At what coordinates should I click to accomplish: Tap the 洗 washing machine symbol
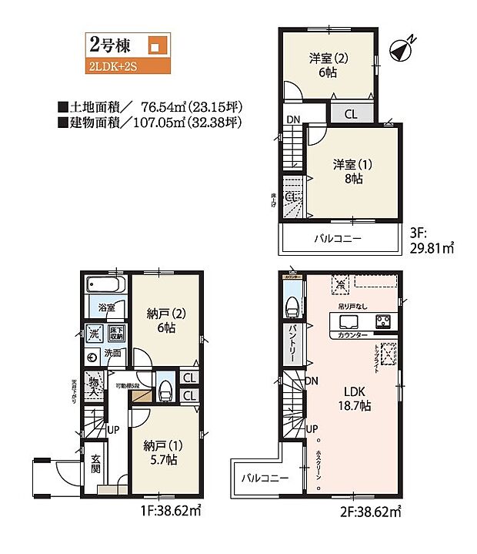(x=93, y=334)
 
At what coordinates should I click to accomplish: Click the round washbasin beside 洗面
(x=92, y=356)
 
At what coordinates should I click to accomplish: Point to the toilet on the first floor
(x=164, y=391)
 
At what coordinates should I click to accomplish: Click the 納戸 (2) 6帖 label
(x=162, y=320)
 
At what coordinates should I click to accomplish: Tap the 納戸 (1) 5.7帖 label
(x=160, y=452)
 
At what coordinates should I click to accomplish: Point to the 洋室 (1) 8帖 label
(x=349, y=171)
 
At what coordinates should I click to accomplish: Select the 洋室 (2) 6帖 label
(x=325, y=65)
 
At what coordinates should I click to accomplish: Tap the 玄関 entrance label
(x=96, y=464)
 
